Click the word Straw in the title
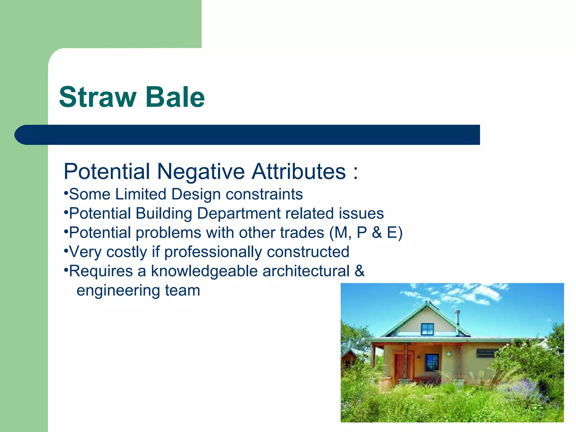tap(97, 97)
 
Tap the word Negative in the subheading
tap(201, 172)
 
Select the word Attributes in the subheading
tap(299, 172)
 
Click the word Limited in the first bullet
tap(141, 194)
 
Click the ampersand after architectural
tap(359, 271)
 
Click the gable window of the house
tap(427, 329)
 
